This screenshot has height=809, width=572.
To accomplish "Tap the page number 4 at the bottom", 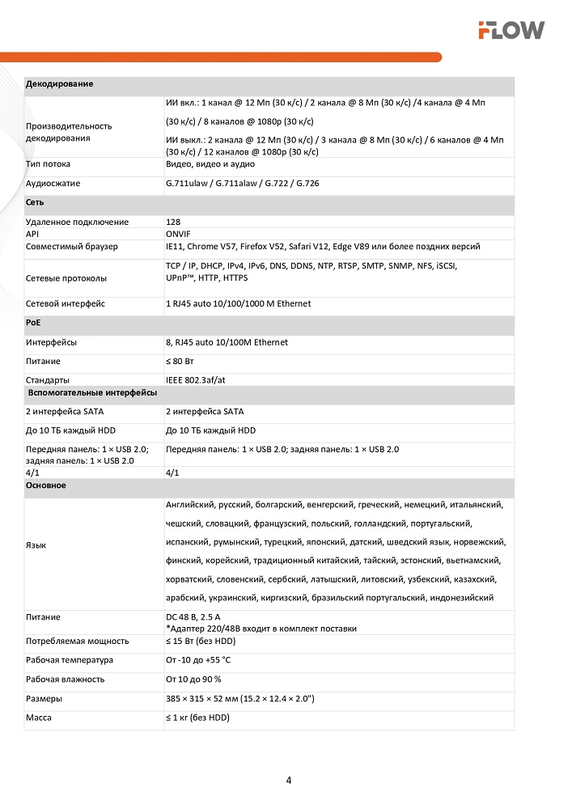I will click(x=289, y=781).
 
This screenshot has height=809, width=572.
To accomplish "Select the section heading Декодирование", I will click(x=59, y=84).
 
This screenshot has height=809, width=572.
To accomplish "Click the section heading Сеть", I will click(x=35, y=202).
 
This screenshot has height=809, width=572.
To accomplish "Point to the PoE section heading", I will click(x=34, y=323).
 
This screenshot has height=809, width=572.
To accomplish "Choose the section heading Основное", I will click(x=46, y=485).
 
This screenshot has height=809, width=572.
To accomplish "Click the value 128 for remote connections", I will click(x=173, y=222).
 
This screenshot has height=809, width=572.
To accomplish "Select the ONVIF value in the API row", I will click(x=178, y=234).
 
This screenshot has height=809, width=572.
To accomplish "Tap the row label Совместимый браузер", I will click(x=72, y=246).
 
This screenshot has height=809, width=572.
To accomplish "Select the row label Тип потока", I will click(x=48, y=164).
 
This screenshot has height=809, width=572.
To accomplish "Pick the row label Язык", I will click(x=36, y=544).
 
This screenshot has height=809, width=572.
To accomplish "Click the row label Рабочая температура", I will click(x=70, y=660).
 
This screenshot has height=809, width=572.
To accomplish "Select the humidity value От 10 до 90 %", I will click(x=193, y=679).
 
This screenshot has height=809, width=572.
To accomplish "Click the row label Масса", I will click(x=40, y=718).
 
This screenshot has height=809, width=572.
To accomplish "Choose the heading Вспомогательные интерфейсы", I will click(x=92, y=392).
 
